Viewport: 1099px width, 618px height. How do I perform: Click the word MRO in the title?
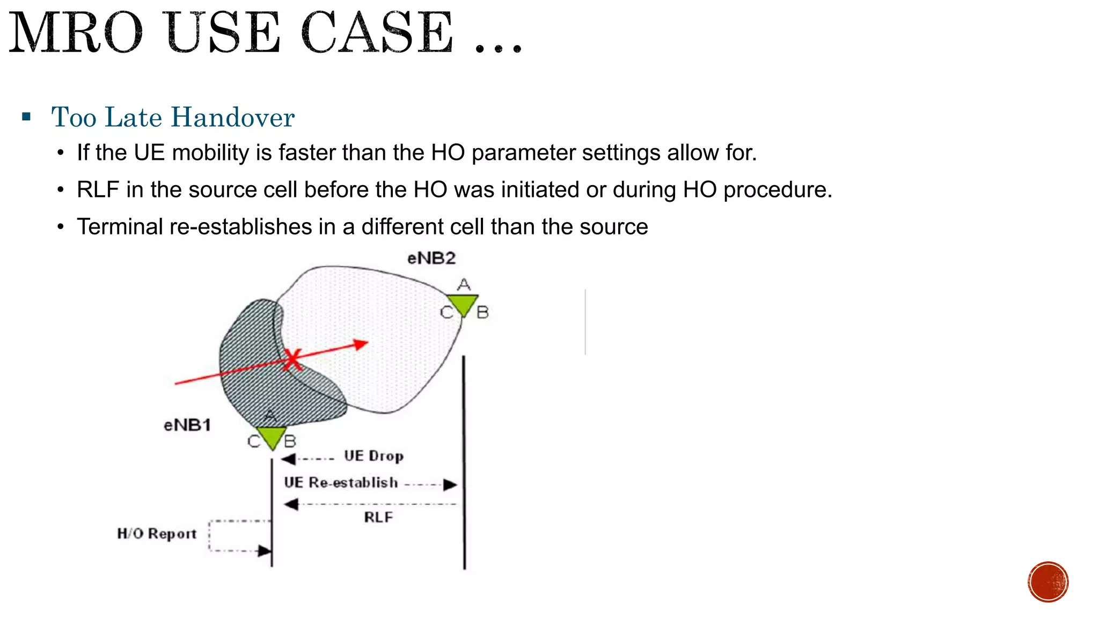click(76, 33)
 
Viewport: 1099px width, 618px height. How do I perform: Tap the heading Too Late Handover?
click(173, 117)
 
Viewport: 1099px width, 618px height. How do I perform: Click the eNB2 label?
click(431, 259)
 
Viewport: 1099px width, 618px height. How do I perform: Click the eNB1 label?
click(187, 425)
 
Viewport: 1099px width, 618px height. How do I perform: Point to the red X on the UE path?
click(292, 360)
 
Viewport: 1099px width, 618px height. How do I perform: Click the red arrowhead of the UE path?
click(362, 344)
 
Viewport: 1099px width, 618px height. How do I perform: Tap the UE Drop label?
click(373, 456)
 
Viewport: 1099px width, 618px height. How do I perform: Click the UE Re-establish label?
click(341, 483)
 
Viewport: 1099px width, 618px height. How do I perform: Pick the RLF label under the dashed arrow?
click(378, 517)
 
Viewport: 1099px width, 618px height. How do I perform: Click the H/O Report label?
click(157, 534)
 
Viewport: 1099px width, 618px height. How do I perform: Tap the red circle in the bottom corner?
click(1048, 582)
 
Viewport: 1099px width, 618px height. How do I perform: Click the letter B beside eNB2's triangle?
click(482, 312)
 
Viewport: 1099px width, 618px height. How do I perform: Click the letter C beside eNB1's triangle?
click(254, 442)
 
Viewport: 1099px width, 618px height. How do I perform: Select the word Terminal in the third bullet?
click(120, 227)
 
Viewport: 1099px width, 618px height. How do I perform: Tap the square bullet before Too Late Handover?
click(26, 116)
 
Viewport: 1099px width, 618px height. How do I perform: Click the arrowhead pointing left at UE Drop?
click(288, 459)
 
